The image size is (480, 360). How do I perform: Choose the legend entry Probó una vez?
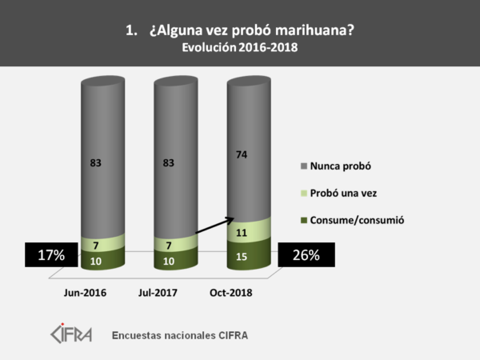(344, 192)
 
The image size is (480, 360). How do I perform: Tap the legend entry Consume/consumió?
(356, 219)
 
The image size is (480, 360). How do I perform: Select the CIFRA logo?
(72, 333)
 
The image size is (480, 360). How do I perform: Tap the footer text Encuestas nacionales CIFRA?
(180, 334)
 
